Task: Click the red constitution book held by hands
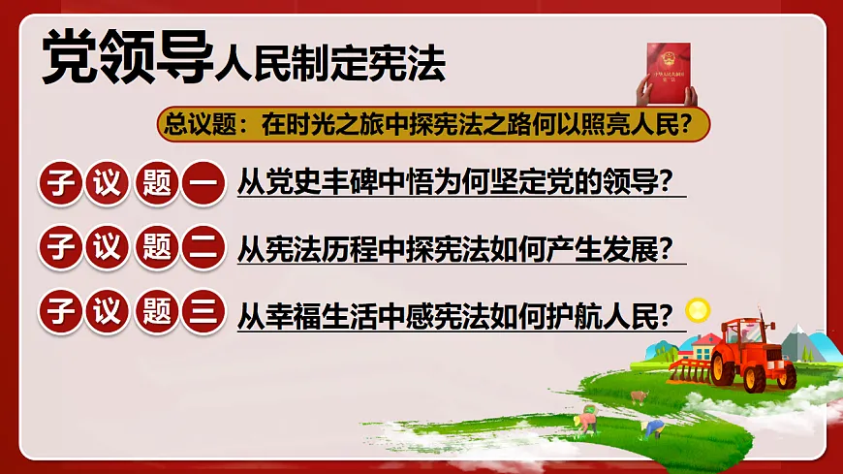pyautogui.click(x=667, y=72)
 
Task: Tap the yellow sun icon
pyautogui.click(x=697, y=310)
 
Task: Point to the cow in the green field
pyautogui.click(x=638, y=395)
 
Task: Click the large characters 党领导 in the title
pyautogui.click(x=126, y=60)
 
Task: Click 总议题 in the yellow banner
pyautogui.click(x=192, y=124)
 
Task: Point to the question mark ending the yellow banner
pyautogui.click(x=697, y=124)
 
